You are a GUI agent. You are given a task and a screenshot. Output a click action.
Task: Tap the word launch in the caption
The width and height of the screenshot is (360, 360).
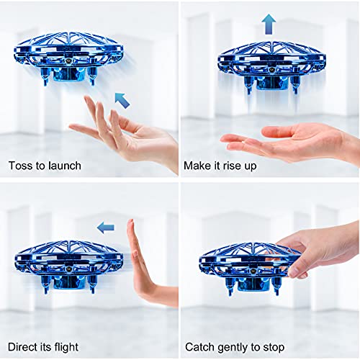65,166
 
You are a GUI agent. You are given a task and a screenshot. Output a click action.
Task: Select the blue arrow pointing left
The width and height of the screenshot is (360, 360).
106,228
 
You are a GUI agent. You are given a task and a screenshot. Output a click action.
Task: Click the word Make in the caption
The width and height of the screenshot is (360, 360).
197,166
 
